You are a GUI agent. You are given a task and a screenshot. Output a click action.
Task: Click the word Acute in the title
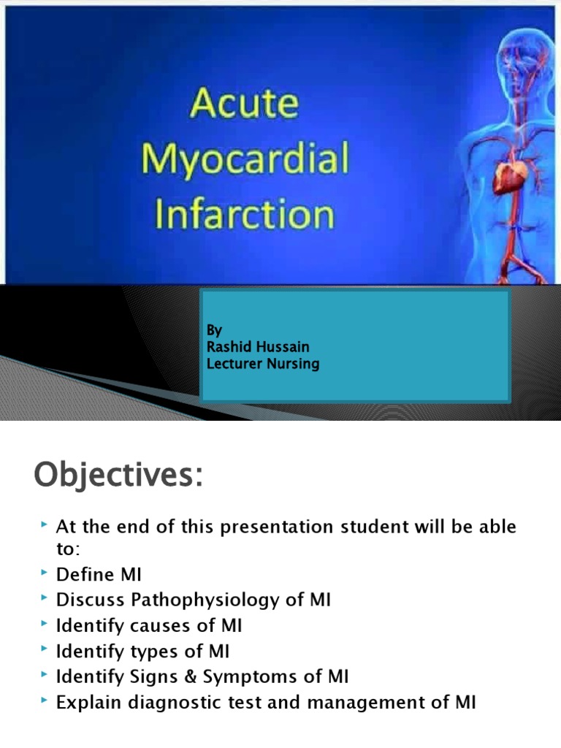(244, 104)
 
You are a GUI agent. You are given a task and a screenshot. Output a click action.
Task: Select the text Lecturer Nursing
(263, 363)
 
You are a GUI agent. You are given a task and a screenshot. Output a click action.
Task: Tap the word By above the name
(214, 330)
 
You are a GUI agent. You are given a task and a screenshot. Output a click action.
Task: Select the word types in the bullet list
(167, 652)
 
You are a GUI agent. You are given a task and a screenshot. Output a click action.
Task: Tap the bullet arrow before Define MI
(45, 574)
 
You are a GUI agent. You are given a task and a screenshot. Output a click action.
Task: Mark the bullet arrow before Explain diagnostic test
(45, 702)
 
